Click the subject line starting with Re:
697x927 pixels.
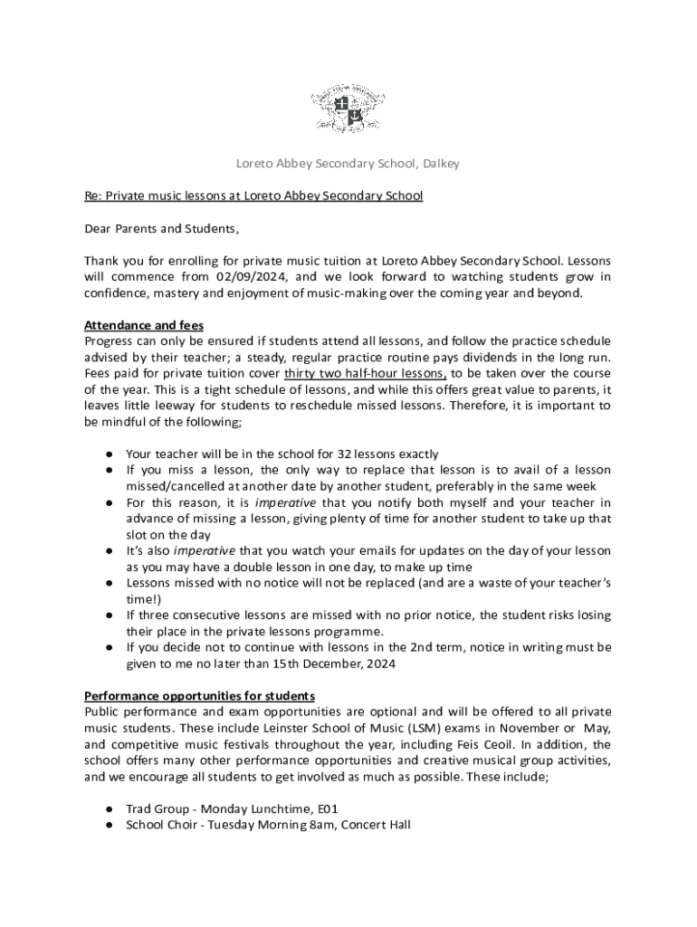point(253,196)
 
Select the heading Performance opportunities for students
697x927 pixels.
point(199,696)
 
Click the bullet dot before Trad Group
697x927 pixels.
point(108,808)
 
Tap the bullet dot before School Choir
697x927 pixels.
point(108,825)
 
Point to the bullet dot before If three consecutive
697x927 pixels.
point(108,616)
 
